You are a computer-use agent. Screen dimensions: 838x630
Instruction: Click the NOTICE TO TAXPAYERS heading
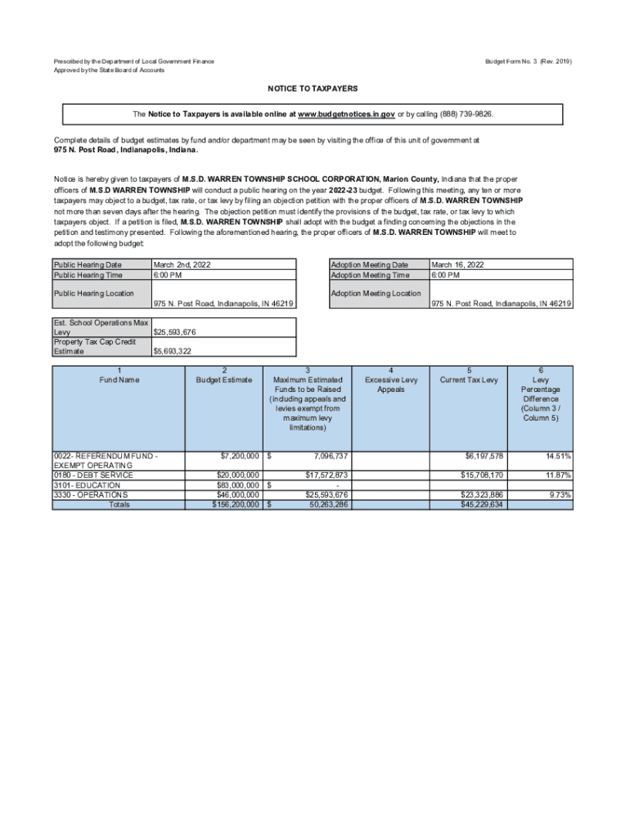tap(313, 88)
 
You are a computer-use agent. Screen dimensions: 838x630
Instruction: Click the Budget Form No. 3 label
tap(529, 62)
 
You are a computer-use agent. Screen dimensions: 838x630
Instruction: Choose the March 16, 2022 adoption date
tap(457, 264)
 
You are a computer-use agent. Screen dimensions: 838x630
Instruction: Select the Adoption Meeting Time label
tap(369, 275)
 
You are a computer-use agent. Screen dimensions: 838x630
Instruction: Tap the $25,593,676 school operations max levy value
tap(174, 332)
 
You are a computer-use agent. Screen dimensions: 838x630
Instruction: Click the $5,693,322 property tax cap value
tap(173, 351)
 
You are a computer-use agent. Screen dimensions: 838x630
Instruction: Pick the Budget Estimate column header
tap(225, 380)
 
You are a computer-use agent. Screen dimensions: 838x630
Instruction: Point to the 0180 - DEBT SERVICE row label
tap(92, 475)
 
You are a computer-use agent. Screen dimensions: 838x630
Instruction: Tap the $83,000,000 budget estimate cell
tap(237, 485)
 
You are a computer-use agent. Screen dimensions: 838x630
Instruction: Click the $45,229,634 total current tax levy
tap(482, 505)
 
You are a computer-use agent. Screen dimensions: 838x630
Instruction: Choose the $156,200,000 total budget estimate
tap(236, 505)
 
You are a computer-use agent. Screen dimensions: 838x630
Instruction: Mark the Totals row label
tap(119, 505)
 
